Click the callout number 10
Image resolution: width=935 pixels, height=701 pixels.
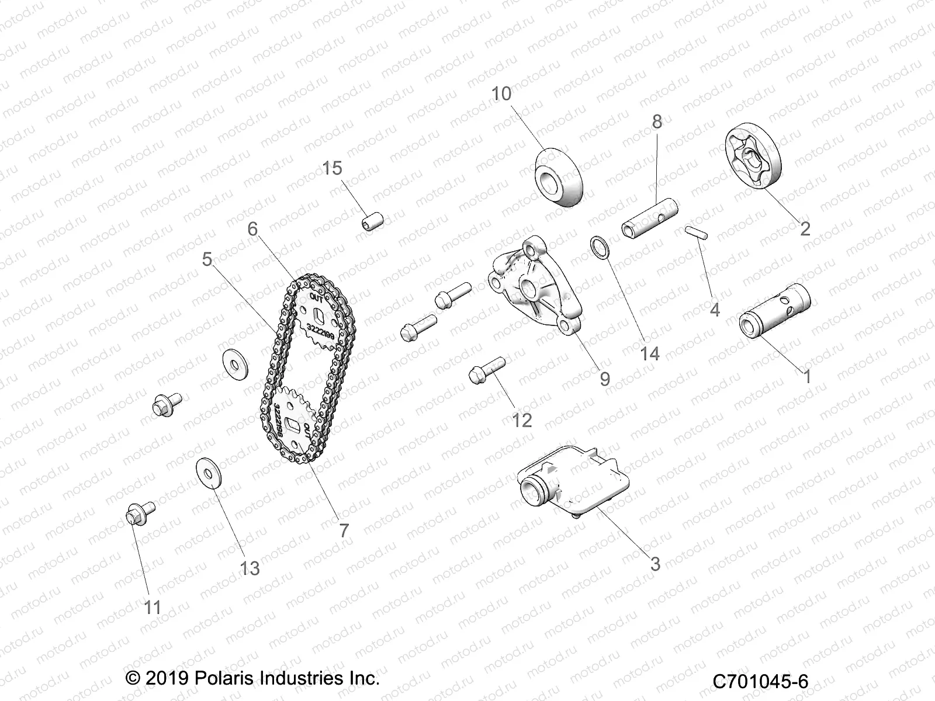pyautogui.click(x=501, y=93)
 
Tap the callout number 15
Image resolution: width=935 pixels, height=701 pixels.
pyautogui.click(x=333, y=168)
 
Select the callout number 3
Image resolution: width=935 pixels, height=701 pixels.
pyautogui.click(x=655, y=564)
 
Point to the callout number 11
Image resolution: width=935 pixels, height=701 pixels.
pyautogui.click(x=153, y=608)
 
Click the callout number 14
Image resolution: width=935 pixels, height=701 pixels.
pyautogui.click(x=649, y=353)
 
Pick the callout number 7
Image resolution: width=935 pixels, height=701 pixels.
pyautogui.click(x=344, y=530)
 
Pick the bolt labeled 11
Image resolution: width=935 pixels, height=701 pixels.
pyautogui.click(x=140, y=513)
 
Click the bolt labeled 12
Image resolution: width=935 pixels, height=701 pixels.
pyautogui.click(x=486, y=370)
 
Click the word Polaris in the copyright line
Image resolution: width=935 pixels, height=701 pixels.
pyautogui.click(x=227, y=678)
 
